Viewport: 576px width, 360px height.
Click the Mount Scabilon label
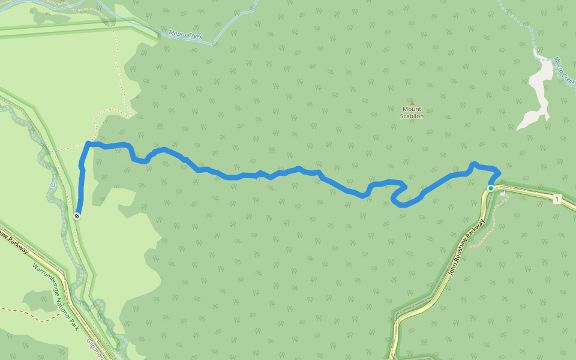click(412, 112)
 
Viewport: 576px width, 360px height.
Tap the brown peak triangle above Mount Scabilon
click(412, 103)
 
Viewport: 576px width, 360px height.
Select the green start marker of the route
click(490, 188)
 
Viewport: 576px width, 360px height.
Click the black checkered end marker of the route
click(77, 215)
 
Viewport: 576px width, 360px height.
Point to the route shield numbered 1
click(557, 199)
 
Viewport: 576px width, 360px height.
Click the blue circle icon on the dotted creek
click(53, 185)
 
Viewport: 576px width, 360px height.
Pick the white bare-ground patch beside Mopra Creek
click(537, 96)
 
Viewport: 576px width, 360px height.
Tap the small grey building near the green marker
click(503, 194)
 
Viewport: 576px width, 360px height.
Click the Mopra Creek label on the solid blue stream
click(185, 36)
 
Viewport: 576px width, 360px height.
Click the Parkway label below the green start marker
click(466, 246)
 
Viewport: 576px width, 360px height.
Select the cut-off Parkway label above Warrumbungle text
click(14, 240)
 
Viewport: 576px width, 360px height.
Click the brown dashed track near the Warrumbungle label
click(18, 311)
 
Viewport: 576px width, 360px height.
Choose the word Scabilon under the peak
click(412, 116)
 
